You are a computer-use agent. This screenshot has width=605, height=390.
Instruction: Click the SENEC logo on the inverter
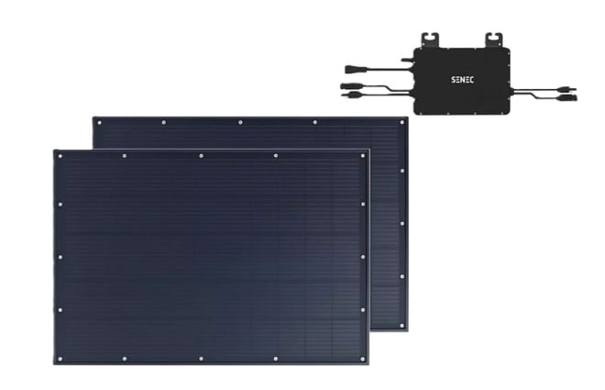point(463,80)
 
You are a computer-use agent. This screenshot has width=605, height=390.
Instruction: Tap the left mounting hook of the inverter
point(430,40)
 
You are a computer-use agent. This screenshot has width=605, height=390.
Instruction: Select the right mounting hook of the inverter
point(493,40)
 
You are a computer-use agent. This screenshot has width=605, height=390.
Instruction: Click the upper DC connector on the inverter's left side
point(350,85)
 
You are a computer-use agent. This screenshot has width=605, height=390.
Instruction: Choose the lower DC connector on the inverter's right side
point(567,97)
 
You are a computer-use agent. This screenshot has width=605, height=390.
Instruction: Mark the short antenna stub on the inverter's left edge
point(407,60)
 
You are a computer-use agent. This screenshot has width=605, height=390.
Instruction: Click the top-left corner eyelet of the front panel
point(60,156)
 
